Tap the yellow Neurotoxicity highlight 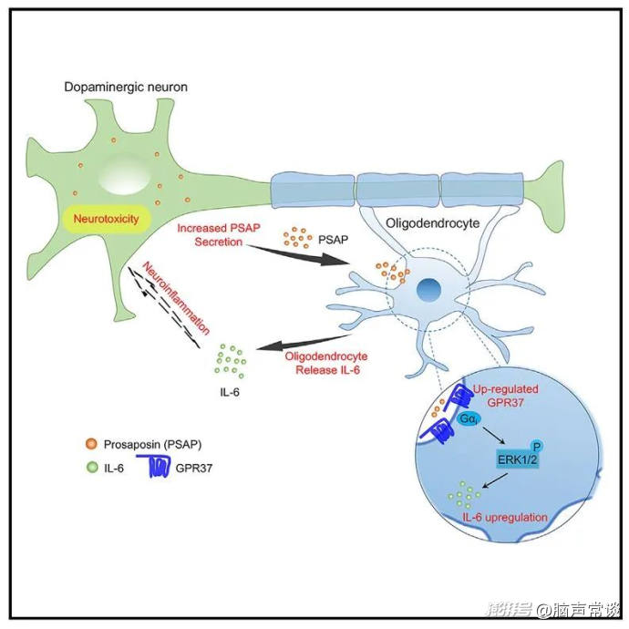coord(104,220)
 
